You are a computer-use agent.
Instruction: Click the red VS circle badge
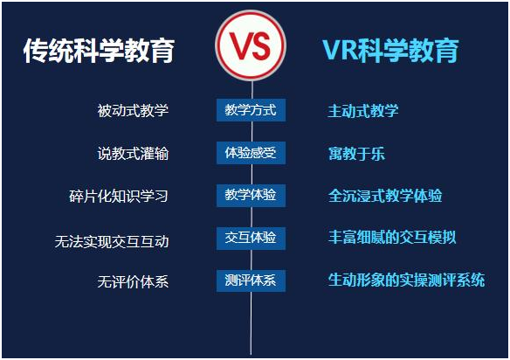[x=251, y=45]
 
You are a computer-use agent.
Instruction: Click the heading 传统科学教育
[x=99, y=51]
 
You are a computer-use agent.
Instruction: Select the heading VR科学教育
[x=390, y=51]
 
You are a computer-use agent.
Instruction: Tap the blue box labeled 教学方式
[x=251, y=110]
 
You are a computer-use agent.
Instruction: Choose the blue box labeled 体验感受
[x=251, y=153]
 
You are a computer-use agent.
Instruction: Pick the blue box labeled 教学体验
[x=251, y=196]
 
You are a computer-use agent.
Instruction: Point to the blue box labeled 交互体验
[x=251, y=238]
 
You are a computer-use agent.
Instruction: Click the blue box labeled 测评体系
[x=251, y=280]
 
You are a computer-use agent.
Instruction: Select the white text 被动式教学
[x=133, y=110]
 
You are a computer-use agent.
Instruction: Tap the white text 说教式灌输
[x=133, y=153]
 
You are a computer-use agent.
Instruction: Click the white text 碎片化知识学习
[x=119, y=196]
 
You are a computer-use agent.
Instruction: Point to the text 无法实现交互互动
[x=112, y=241]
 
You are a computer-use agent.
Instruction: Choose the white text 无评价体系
[x=133, y=281]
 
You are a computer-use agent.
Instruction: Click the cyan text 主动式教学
[x=363, y=111]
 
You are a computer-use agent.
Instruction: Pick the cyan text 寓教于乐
[x=356, y=154]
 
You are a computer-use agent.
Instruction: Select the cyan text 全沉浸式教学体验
[x=385, y=196]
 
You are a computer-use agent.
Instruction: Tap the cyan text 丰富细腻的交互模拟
[x=392, y=238]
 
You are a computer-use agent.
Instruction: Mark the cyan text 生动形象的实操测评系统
[x=406, y=280]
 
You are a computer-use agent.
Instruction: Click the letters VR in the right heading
[x=339, y=51]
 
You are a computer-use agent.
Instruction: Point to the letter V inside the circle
[x=238, y=46]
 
